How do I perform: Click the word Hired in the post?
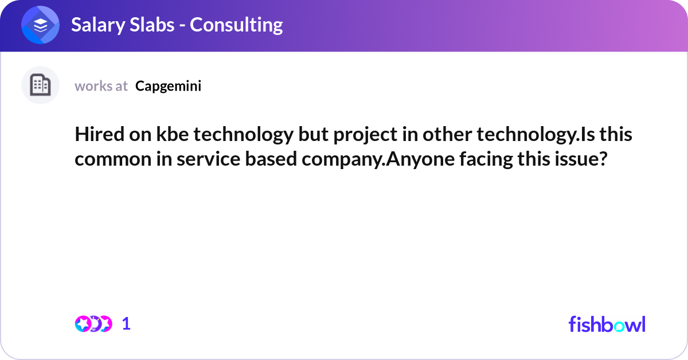coord(95,136)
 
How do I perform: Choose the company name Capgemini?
coord(168,86)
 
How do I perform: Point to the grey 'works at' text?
coord(101,86)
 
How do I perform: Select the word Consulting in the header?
coord(236,25)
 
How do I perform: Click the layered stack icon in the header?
coord(40,26)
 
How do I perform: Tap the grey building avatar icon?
coord(40,85)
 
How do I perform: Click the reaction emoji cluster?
coord(93,324)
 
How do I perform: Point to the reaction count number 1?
coord(126,324)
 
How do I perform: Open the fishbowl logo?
coord(607,324)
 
